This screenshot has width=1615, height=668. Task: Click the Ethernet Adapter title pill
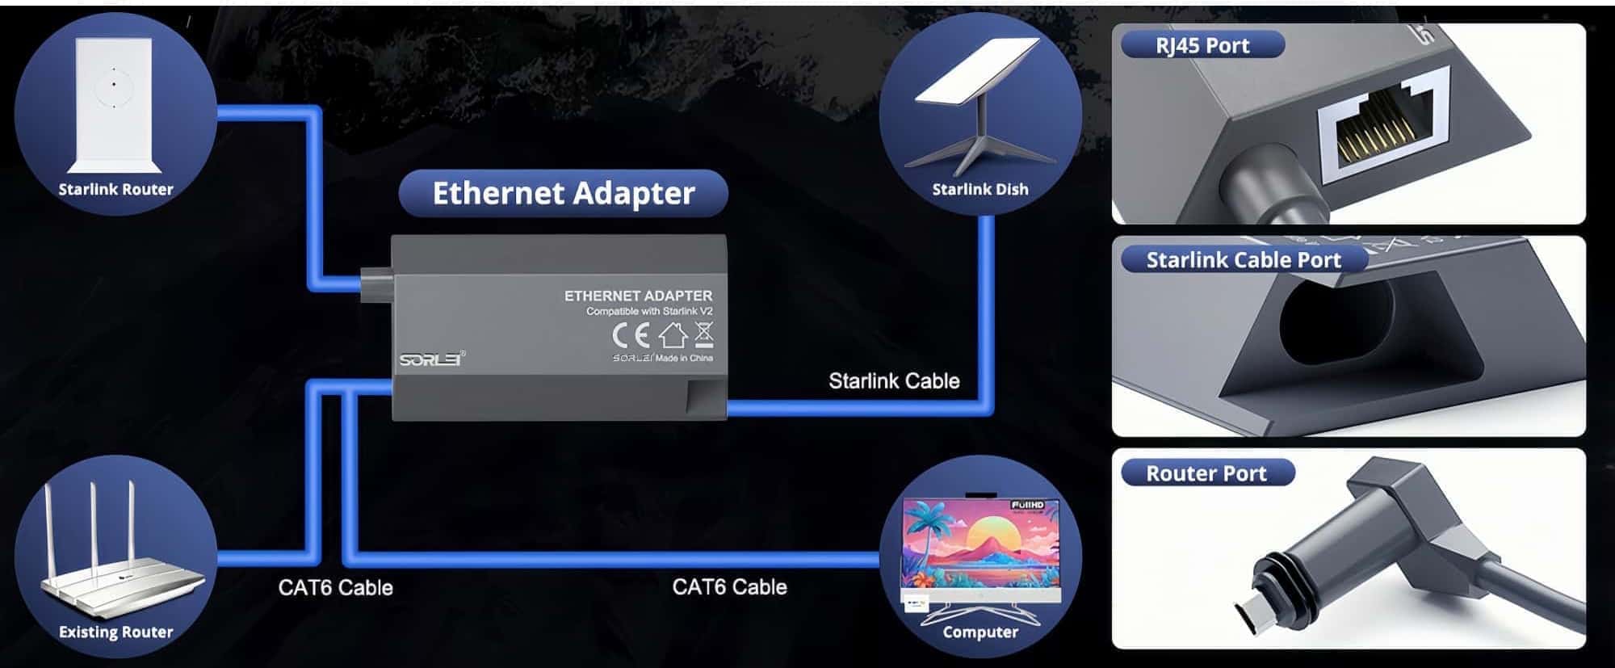(x=564, y=193)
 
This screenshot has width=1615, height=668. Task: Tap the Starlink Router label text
(x=115, y=190)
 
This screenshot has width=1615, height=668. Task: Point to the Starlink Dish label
(x=980, y=190)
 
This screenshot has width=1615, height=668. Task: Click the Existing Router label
(x=115, y=632)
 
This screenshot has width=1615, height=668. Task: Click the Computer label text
(x=980, y=632)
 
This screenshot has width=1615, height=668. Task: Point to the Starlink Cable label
(x=894, y=381)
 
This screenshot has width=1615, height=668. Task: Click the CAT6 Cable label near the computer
(x=729, y=587)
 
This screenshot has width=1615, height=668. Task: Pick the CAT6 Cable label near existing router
(x=335, y=587)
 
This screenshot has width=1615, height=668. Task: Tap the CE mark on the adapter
(x=631, y=334)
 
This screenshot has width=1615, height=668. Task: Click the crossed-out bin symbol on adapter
(x=704, y=333)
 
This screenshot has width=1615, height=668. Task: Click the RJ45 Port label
(x=1202, y=45)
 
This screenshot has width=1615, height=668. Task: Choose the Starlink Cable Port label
(x=1244, y=260)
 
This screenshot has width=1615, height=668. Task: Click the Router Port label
(x=1206, y=473)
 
